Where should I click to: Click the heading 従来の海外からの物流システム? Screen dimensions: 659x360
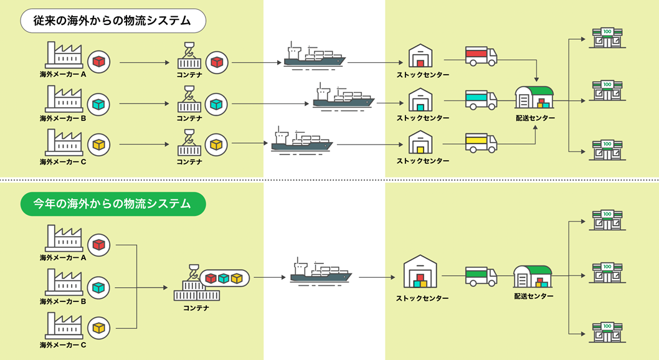click(x=113, y=21)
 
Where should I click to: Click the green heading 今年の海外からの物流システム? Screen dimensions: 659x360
click(x=113, y=204)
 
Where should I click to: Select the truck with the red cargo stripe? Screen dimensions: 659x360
click(x=481, y=56)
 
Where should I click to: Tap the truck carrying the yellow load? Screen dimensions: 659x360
click(x=481, y=143)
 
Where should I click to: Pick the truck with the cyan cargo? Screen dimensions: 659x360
click(x=481, y=100)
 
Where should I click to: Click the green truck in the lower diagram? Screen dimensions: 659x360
click(x=481, y=277)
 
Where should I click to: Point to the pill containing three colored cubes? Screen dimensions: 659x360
click(x=224, y=278)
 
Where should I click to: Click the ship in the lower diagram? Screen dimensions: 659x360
click(x=321, y=272)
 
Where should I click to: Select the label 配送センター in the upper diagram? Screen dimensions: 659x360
click(x=535, y=118)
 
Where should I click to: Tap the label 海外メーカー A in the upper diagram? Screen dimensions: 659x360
click(x=63, y=74)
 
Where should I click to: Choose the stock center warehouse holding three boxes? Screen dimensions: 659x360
click(x=420, y=272)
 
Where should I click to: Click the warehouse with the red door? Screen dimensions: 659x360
click(x=420, y=55)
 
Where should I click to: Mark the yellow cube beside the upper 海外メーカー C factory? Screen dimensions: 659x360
click(x=99, y=144)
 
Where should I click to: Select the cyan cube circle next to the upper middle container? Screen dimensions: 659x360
click(x=216, y=104)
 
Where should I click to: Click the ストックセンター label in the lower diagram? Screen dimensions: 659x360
click(x=422, y=298)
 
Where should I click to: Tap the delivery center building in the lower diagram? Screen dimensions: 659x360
click(x=533, y=277)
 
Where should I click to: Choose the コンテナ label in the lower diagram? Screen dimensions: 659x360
click(x=196, y=308)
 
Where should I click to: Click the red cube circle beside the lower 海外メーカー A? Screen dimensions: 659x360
click(x=99, y=245)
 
